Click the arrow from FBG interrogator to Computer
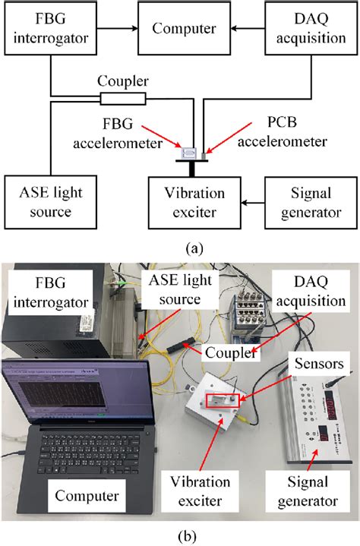coord(115,30)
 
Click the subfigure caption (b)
coord(180,535)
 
